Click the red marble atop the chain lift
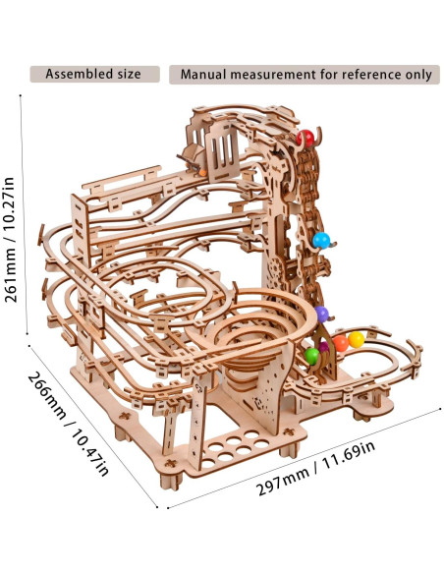pyautogui.click(x=305, y=138)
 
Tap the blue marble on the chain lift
pyautogui.click(x=321, y=240)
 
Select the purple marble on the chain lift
pyautogui.click(x=322, y=314)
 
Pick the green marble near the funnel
pyautogui.click(x=312, y=356)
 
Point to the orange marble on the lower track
pyautogui.click(x=341, y=343)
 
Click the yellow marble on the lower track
pyautogui.click(x=356, y=340)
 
